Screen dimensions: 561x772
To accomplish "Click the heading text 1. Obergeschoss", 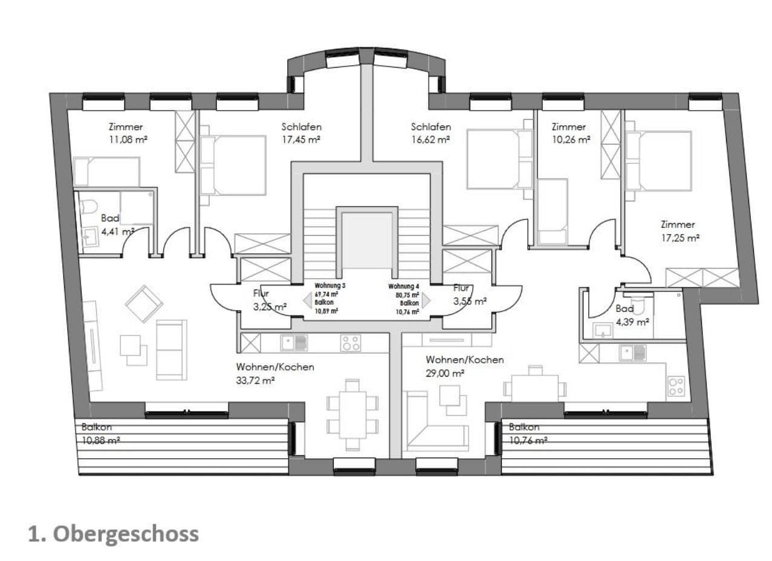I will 114,534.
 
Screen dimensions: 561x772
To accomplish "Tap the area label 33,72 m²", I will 256,380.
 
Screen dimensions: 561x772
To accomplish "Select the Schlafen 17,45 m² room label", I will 301,133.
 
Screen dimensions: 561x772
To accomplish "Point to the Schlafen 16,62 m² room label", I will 430,133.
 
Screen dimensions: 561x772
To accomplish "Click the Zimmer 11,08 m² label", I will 126,133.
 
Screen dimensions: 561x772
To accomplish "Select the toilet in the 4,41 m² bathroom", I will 88,206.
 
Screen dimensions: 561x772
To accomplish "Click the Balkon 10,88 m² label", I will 100,433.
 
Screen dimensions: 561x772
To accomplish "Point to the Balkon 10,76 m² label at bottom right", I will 528,433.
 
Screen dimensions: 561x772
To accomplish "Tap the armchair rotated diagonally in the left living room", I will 143,303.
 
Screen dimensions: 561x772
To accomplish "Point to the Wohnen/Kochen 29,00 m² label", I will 464,366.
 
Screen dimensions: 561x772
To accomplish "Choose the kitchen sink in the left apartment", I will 294,343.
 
